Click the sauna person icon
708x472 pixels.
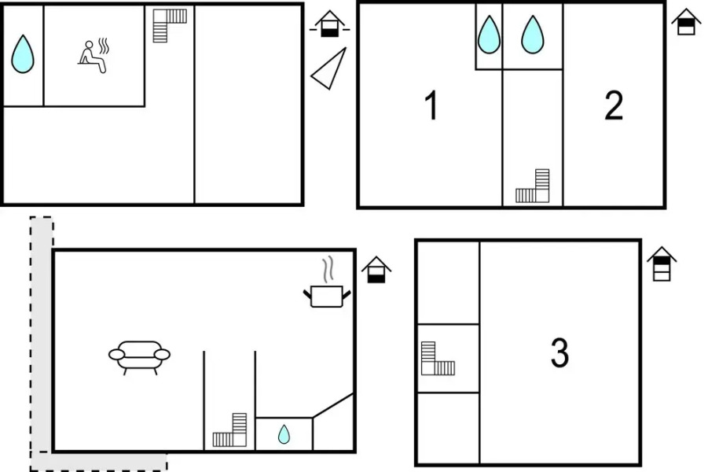pyautogui.click(x=94, y=56)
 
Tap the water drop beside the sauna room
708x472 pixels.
pyautogui.click(x=23, y=53)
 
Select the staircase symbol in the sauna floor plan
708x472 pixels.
pyautogui.click(x=169, y=26)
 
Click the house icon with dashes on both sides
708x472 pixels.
pyautogui.click(x=329, y=24)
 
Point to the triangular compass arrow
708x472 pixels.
pyautogui.click(x=329, y=68)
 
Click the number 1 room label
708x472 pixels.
pyautogui.click(x=431, y=105)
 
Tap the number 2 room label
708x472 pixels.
pyautogui.click(x=614, y=105)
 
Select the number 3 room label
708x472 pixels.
pyautogui.click(x=559, y=352)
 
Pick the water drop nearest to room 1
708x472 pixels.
pyautogui.click(x=489, y=35)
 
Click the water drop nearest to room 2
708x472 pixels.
pyautogui.click(x=533, y=35)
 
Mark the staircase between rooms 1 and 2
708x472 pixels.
pyautogui.click(x=533, y=186)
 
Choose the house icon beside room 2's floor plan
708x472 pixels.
pyautogui.click(x=686, y=22)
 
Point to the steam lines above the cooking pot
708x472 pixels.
pyautogui.click(x=328, y=270)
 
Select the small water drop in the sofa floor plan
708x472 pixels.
pyautogui.click(x=284, y=434)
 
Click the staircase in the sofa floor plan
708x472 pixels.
pyautogui.click(x=229, y=430)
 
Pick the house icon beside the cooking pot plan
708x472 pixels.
pyautogui.click(x=376, y=270)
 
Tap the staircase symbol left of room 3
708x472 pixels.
pyautogui.click(x=438, y=358)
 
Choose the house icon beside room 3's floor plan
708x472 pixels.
pyautogui.click(x=662, y=264)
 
